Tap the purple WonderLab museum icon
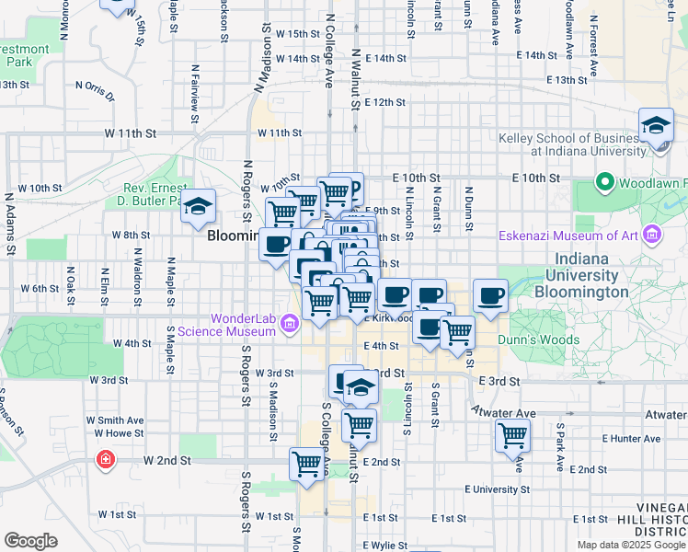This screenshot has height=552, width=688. (290, 323)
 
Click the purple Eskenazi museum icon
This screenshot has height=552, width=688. (653, 235)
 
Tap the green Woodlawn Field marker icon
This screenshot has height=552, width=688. (604, 183)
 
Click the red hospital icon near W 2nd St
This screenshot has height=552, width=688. (107, 458)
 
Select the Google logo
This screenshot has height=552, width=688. (30, 541)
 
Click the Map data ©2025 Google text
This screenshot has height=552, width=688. (632, 545)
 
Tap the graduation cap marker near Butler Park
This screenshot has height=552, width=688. (199, 208)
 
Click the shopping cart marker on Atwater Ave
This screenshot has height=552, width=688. (512, 435)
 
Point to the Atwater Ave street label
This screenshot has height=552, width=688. (503, 414)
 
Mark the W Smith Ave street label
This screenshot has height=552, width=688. (115, 420)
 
